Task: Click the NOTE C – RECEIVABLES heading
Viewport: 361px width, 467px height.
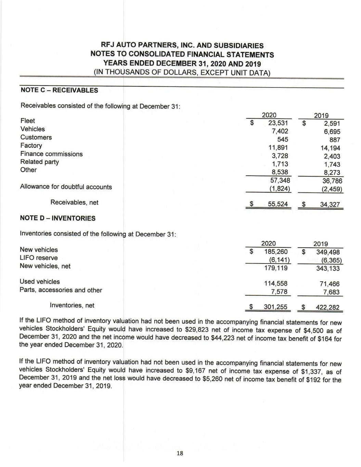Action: click(59, 90)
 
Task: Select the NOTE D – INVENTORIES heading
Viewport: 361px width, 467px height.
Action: click(58, 218)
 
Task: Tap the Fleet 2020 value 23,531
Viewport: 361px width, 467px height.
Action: click(278, 123)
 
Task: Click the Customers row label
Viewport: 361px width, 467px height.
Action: click(36, 137)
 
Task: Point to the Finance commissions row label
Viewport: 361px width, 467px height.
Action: click(51, 154)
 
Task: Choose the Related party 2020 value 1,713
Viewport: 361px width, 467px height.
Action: click(280, 164)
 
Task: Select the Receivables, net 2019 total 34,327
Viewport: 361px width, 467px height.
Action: click(330, 205)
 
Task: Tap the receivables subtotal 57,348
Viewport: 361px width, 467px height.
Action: click(278, 180)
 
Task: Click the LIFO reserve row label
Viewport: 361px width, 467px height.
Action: click(39, 258)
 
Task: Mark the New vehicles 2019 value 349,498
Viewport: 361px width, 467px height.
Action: click(327, 252)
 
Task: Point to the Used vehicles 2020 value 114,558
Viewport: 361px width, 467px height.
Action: click(276, 283)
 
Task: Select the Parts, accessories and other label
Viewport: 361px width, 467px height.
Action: click(61, 290)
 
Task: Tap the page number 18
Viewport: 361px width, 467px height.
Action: click(180, 453)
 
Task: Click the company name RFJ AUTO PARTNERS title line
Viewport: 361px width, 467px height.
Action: click(182, 46)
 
